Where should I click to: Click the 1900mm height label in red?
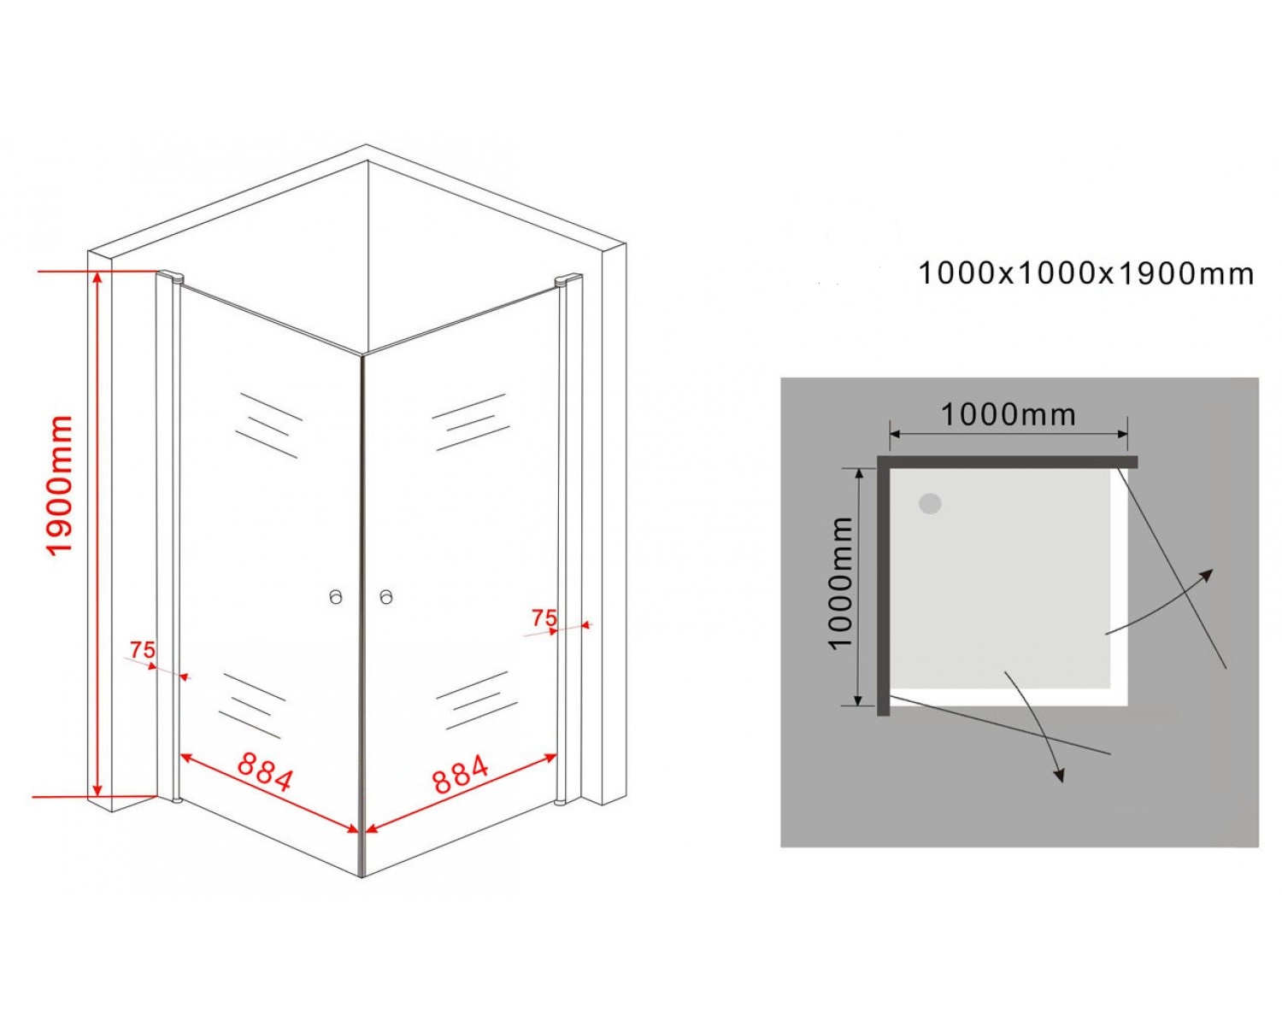(x=59, y=485)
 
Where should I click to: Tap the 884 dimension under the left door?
(x=266, y=771)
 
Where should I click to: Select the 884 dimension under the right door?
(x=461, y=774)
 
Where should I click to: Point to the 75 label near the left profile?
(x=143, y=650)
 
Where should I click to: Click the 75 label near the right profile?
(x=544, y=618)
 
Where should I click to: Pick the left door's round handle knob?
(x=336, y=596)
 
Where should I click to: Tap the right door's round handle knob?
(x=386, y=596)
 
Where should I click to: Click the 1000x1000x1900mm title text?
(x=1086, y=274)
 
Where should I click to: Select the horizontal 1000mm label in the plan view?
(x=1008, y=414)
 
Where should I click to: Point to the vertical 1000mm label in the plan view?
(x=841, y=583)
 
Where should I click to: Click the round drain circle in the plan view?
(x=930, y=504)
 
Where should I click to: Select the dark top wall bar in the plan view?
(x=1008, y=461)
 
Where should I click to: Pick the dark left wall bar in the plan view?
(x=884, y=585)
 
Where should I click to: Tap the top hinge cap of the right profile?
(x=567, y=279)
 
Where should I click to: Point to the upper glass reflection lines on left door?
(x=268, y=425)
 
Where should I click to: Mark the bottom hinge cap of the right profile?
(x=562, y=802)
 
